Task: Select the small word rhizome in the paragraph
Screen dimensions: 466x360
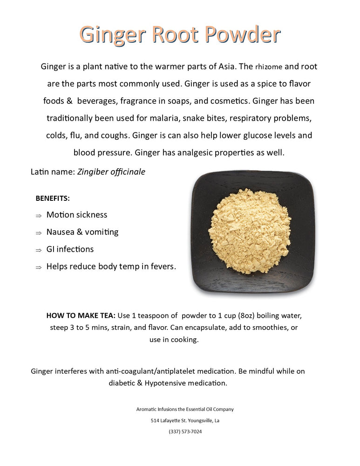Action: pyautogui.click(x=272, y=67)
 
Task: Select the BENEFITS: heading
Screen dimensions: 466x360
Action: pyautogui.click(x=53, y=199)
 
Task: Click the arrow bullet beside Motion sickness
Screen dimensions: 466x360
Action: pyautogui.click(x=38, y=216)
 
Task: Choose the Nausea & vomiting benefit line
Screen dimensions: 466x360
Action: pyautogui.click(x=82, y=232)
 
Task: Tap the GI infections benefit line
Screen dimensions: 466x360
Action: pyautogui.click(x=70, y=249)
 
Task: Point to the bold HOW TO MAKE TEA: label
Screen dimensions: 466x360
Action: pyautogui.click(x=82, y=315)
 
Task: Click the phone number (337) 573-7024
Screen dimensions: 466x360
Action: pyautogui.click(x=185, y=432)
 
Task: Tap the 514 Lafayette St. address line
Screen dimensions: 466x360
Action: pyautogui.click(x=185, y=420)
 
